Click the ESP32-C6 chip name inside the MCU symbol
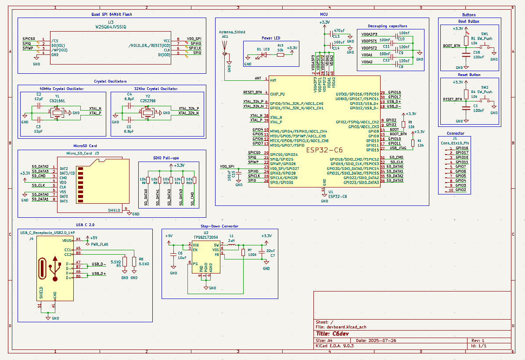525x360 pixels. (x=325, y=150)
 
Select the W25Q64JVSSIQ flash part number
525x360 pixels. (x=111, y=27)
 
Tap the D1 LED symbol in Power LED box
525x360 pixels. (x=264, y=55)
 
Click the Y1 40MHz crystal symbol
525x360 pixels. (x=58, y=113)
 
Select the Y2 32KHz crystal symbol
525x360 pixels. (x=147, y=113)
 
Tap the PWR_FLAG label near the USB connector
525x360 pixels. (x=100, y=244)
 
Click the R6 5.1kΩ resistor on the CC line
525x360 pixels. (x=134, y=262)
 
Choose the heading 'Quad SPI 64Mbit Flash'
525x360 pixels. (x=111, y=14)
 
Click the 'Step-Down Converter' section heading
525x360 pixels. (x=219, y=226)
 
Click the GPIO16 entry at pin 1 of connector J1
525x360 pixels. (x=462, y=148)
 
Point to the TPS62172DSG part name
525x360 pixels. (x=206, y=237)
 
